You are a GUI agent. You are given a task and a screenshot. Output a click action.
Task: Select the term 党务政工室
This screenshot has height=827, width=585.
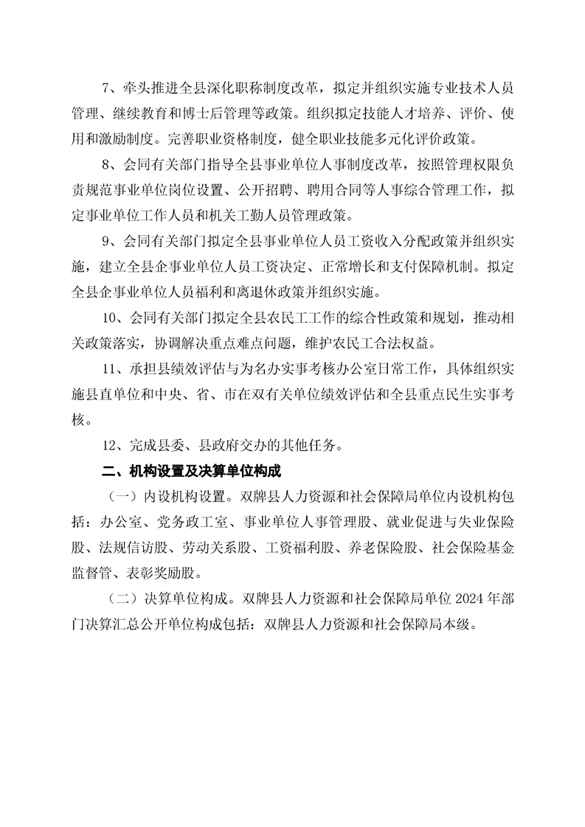coord(185,520)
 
